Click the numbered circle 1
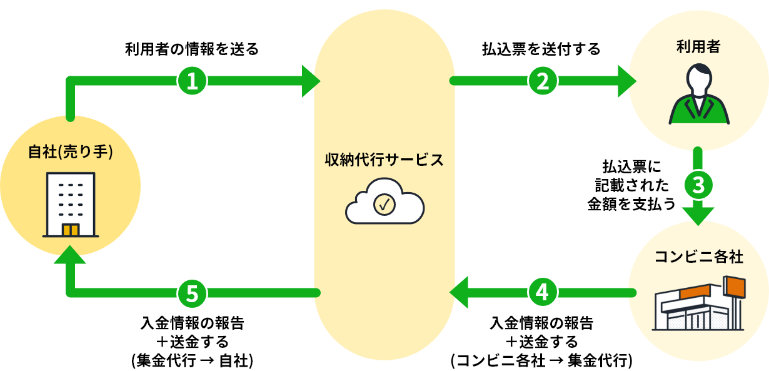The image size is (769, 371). coord(193,80)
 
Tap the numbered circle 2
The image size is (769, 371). coord(542,80)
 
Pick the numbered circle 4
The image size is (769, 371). coord(542,292)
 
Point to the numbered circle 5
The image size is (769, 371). coord(193,292)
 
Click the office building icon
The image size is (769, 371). coord(70,205)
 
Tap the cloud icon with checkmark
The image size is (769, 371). coord(384,201)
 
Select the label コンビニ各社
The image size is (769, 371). coord(699,257)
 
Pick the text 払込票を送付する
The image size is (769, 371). coord(541,49)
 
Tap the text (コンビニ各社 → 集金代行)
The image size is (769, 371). coord(541,360)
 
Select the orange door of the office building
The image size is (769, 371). coord(71,230)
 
